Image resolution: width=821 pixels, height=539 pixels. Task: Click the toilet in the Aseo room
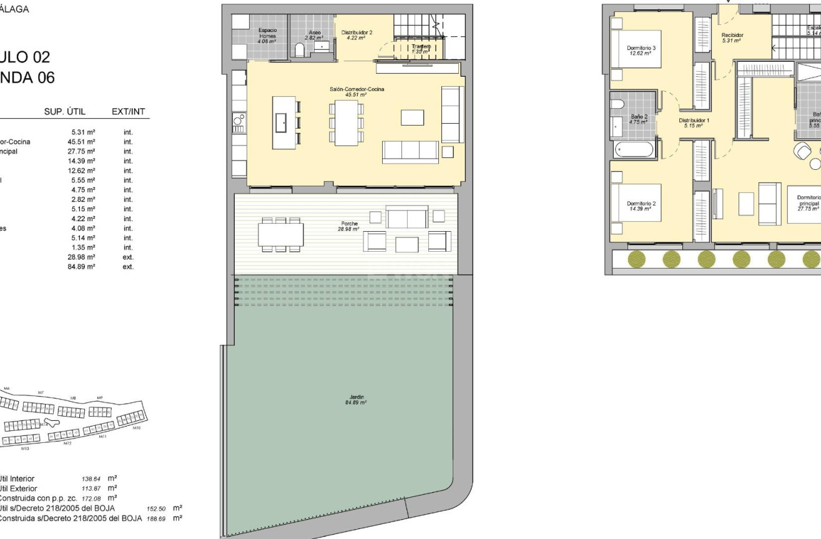pyautogui.click(x=300, y=51)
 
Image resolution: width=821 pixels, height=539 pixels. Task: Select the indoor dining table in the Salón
pyautogui.click(x=347, y=123)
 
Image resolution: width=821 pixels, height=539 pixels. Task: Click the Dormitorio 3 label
pyautogui.click(x=641, y=51)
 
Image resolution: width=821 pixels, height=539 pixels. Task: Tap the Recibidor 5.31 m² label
pyautogui.click(x=731, y=38)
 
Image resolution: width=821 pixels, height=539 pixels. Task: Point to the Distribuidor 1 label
pyautogui.click(x=694, y=122)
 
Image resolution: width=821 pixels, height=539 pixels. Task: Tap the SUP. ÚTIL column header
pyautogui.click(x=64, y=112)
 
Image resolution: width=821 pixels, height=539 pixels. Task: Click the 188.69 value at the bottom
pyautogui.click(x=156, y=518)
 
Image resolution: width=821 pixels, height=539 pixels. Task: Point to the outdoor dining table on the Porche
pyautogui.click(x=280, y=234)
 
